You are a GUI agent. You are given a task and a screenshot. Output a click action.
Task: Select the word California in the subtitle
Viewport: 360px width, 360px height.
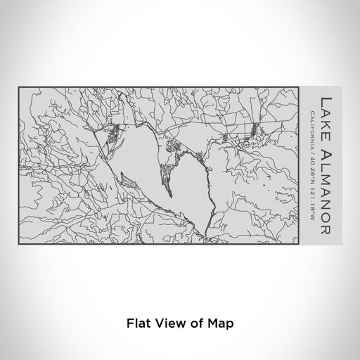click(311, 125)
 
